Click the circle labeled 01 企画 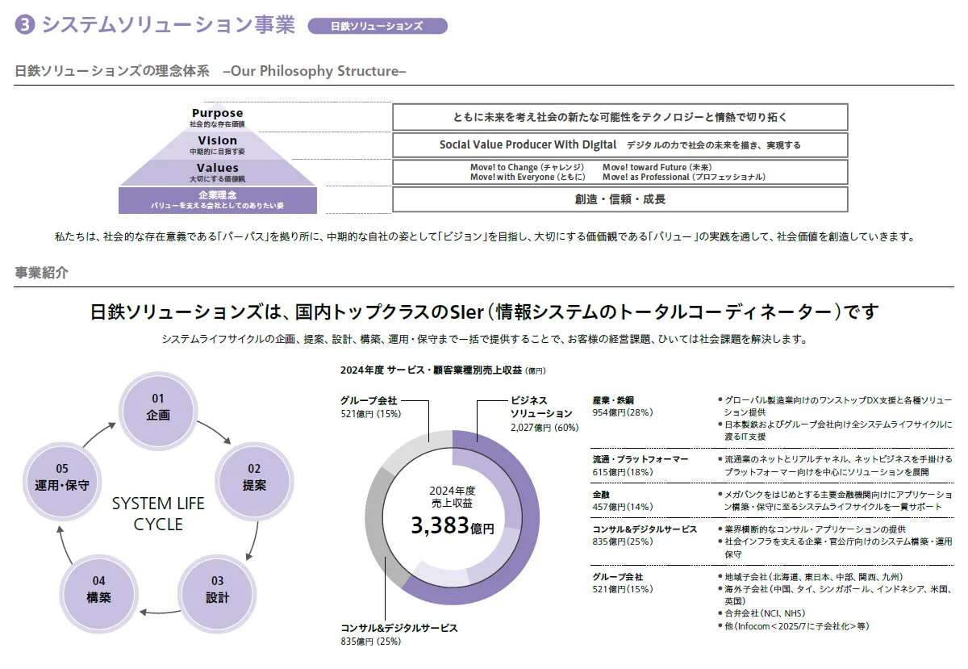click(x=158, y=408)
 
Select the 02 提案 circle click(x=254, y=478)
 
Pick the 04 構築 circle click(x=98, y=590)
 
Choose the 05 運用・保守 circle click(x=62, y=478)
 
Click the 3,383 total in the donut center click(x=452, y=527)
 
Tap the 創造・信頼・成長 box click(x=620, y=199)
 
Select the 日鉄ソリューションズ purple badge click(x=377, y=26)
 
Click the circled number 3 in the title click(x=25, y=26)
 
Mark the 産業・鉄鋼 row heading click(x=613, y=400)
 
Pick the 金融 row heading click(x=602, y=494)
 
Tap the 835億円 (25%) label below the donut click(x=370, y=642)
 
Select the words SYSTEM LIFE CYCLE click(x=158, y=514)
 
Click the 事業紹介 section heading click(x=42, y=273)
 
